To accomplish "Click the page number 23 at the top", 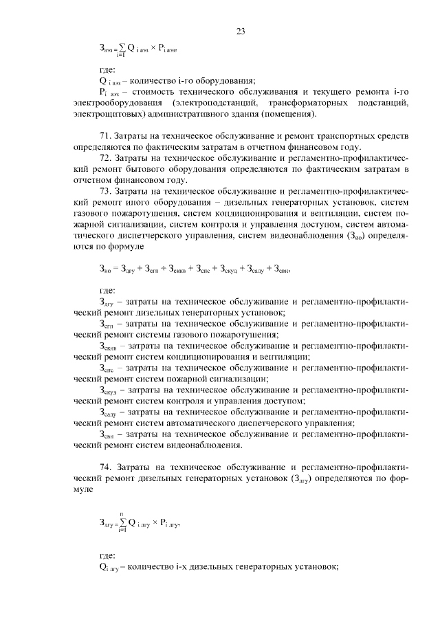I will [241, 31].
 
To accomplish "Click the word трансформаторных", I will [298, 102].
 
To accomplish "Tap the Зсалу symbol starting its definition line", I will [111, 412].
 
